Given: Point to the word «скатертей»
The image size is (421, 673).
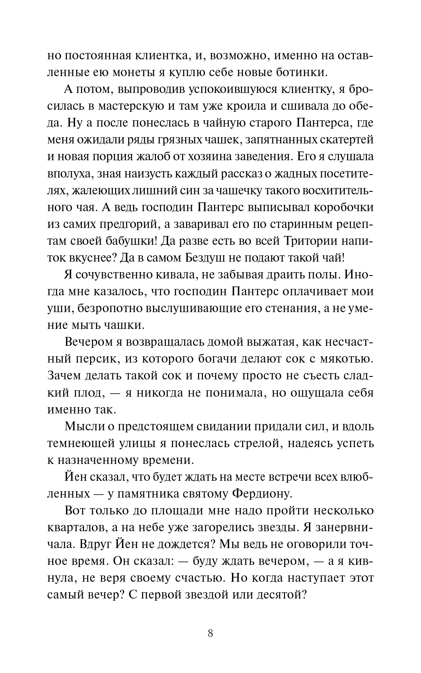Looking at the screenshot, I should click(x=336, y=140).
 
